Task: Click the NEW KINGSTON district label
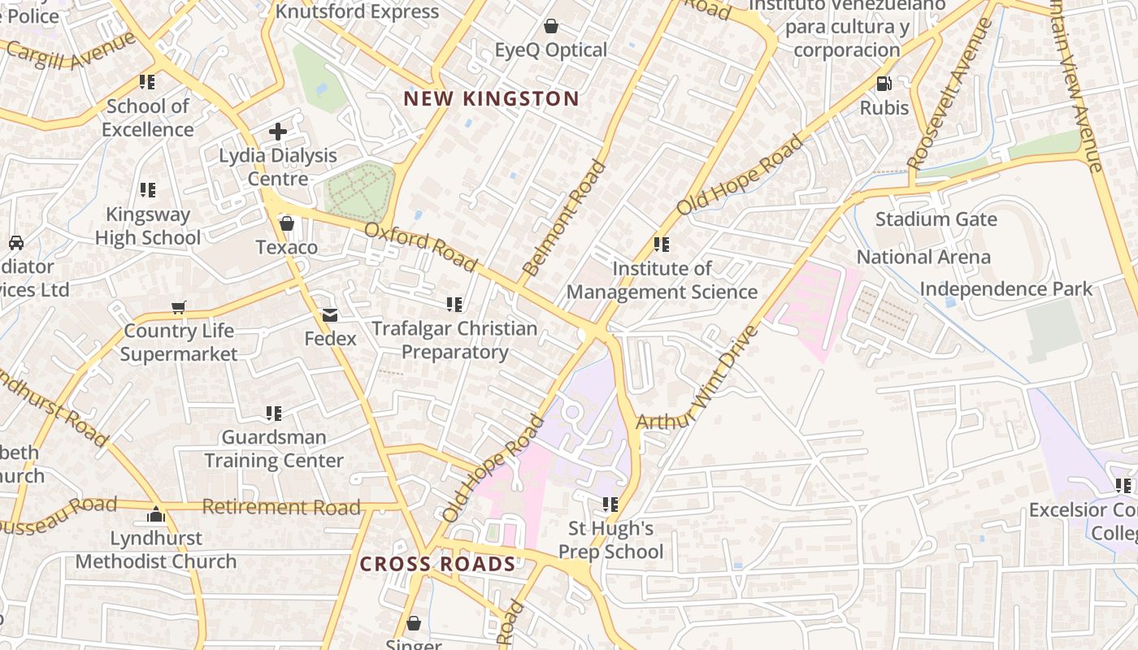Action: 491,99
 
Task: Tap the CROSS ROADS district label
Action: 437,564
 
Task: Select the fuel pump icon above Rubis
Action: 884,83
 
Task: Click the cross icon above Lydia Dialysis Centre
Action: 278,131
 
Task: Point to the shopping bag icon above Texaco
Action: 286,223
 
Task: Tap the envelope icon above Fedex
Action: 330,314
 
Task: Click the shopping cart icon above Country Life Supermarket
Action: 179,307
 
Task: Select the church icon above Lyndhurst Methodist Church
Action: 155,514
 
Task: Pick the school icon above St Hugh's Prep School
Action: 610,505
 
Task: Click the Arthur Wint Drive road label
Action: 697,379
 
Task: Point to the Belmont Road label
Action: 565,218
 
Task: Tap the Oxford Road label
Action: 420,246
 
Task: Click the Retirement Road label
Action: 281,507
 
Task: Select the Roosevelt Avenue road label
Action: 949,94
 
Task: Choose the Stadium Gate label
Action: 924,219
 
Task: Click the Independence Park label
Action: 1006,289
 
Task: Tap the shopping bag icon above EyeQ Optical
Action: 551,26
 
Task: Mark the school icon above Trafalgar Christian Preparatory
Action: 454,305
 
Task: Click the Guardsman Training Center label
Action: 274,448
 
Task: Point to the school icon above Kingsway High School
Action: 147,190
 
